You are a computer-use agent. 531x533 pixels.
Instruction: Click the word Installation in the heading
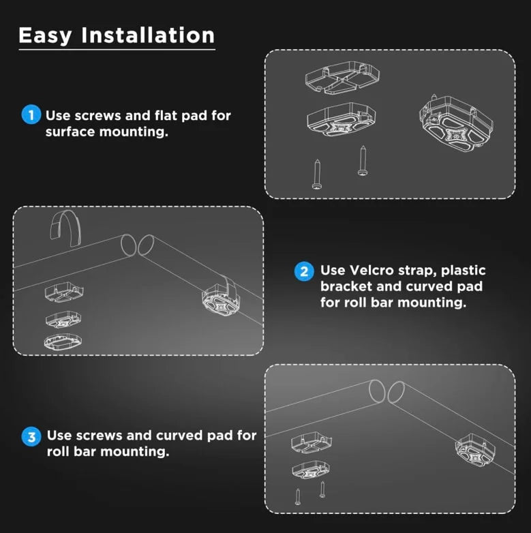click(x=148, y=35)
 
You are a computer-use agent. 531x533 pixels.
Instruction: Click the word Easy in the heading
click(x=45, y=36)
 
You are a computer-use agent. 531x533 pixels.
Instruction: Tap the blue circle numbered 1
click(x=31, y=115)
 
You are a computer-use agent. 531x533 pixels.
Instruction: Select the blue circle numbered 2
click(x=304, y=271)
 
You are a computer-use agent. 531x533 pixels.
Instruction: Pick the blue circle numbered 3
click(x=31, y=436)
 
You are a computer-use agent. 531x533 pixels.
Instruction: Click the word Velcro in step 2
click(x=371, y=270)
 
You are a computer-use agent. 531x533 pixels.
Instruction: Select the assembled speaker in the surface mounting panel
click(x=457, y=123)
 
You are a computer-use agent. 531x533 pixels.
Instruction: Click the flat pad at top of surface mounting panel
click(x=342, y=78)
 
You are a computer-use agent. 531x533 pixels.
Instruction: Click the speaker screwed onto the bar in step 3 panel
click(x=475, y=450)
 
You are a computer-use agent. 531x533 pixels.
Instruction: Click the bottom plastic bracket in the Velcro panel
click(x=63, y=341)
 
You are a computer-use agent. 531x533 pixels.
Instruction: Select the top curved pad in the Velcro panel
click(x=64, y=292)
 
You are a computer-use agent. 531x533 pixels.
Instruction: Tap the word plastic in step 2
click(x=463, y=271)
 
